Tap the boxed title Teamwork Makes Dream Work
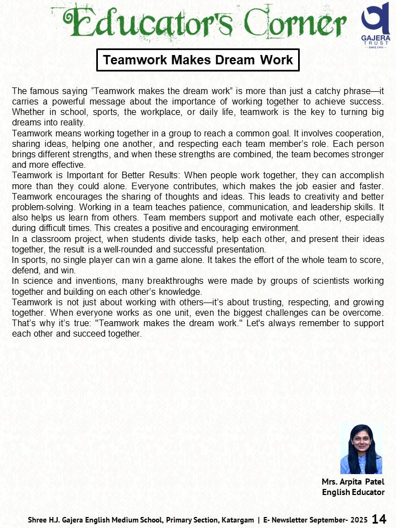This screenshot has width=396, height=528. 198,60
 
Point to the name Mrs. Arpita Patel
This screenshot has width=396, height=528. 353,482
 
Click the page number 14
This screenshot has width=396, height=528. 380,519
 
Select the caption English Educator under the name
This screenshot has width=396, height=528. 353,492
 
